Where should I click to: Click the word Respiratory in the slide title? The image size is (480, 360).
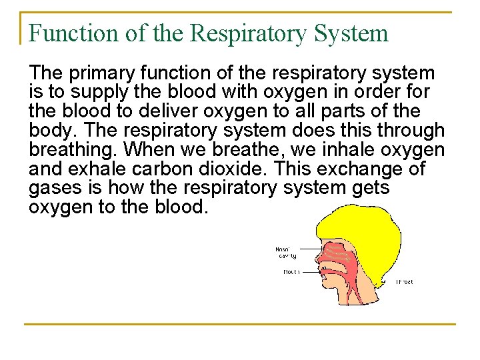(241, 33)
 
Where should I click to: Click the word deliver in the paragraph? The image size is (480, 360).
(169, 111)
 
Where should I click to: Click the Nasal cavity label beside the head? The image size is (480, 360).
(286, 253)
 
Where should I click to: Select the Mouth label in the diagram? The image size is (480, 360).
(291, 272)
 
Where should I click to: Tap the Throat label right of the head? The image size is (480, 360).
(405, 282)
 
